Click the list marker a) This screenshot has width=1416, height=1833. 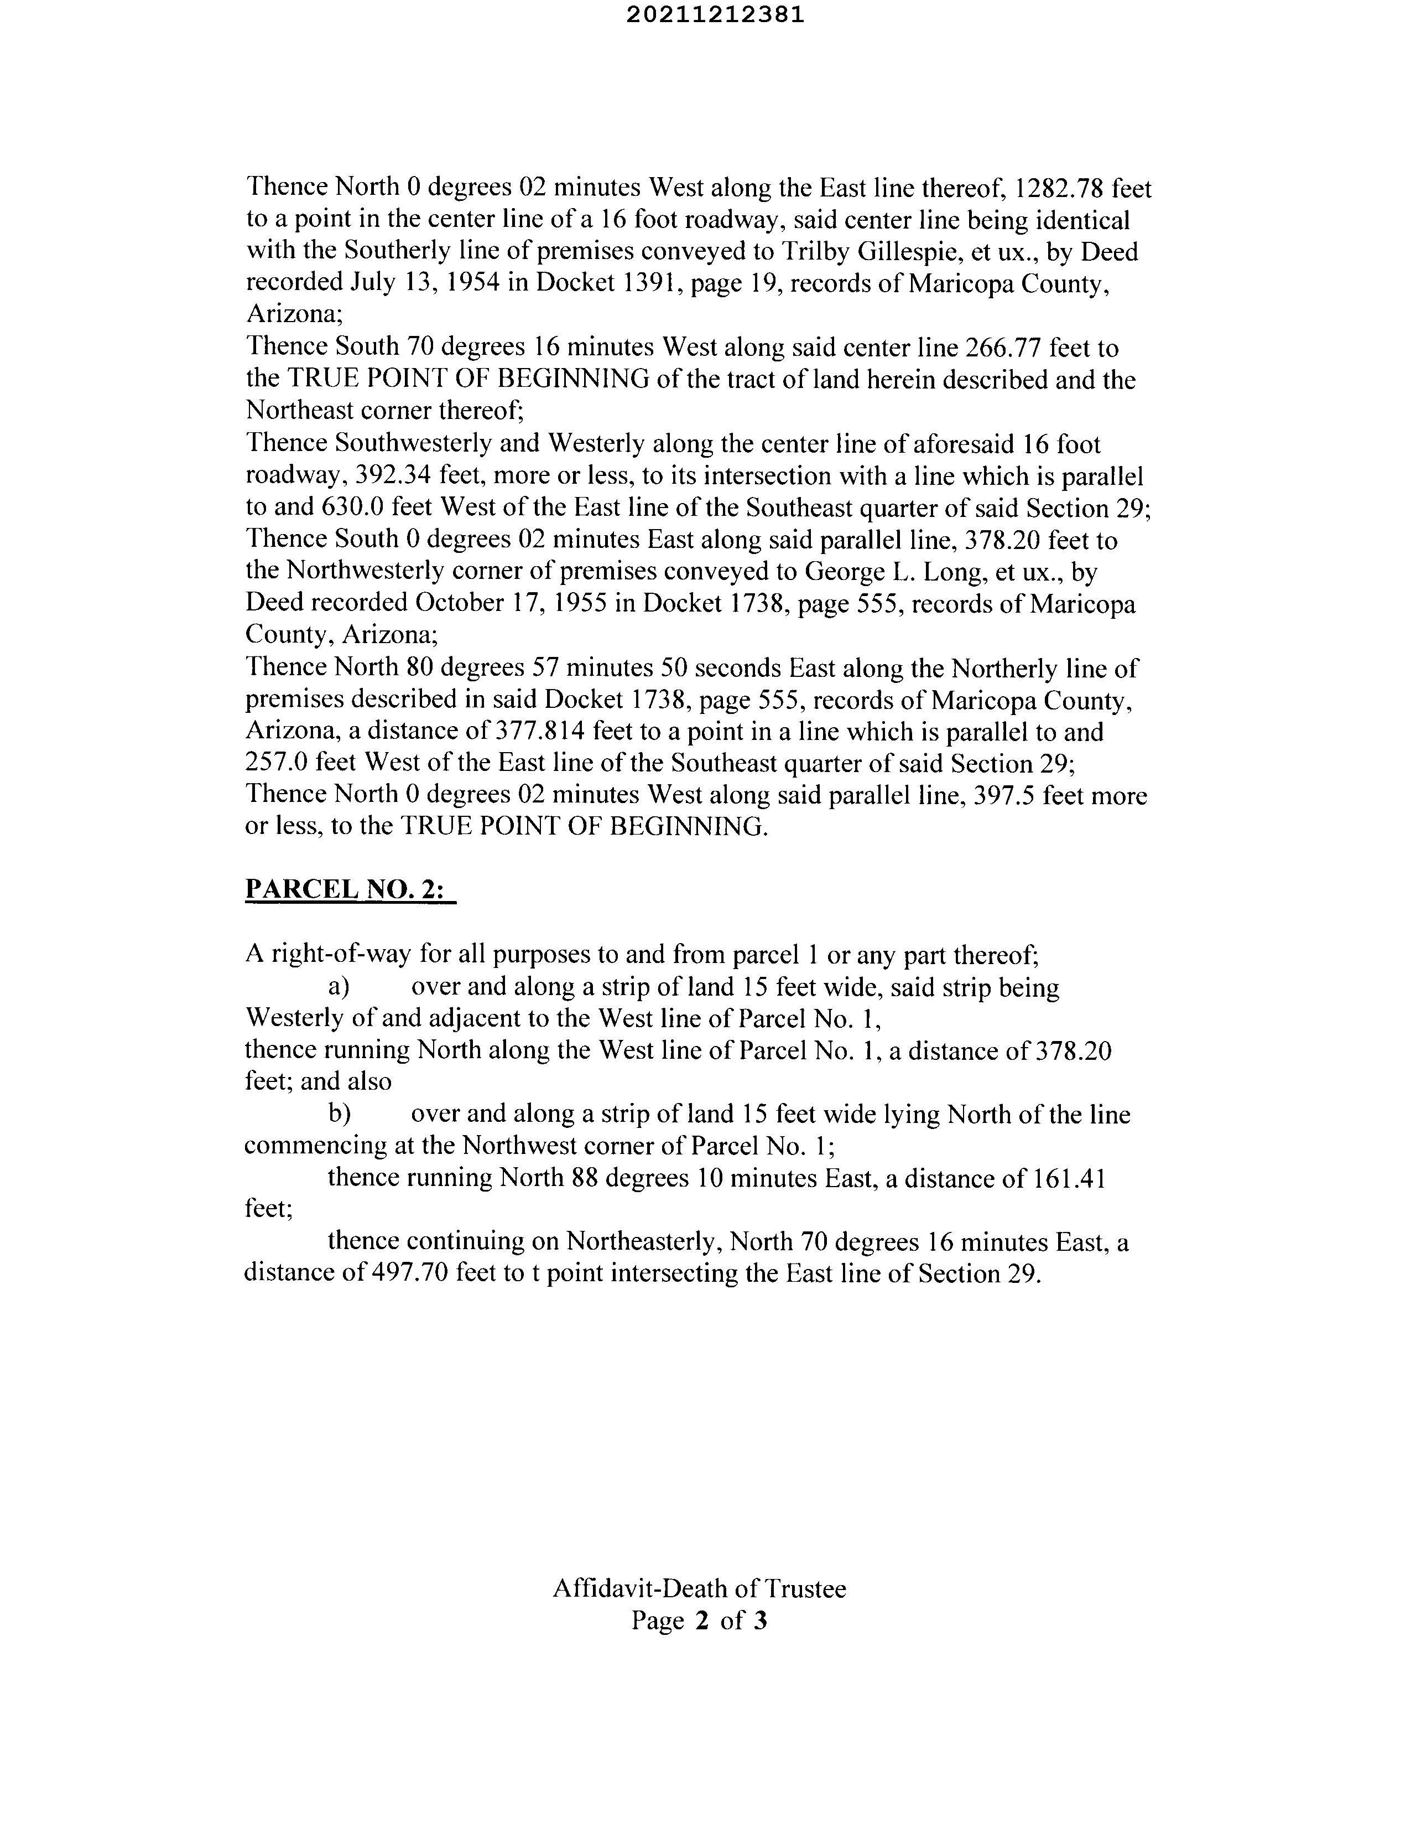[339, 987]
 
